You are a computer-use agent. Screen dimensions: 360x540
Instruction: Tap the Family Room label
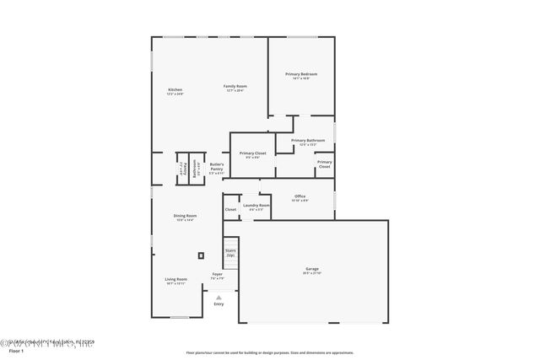tap(235, 89)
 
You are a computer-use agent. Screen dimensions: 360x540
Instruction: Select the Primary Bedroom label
tap(301, 76)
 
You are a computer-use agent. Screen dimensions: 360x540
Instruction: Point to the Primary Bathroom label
tap(308, 142)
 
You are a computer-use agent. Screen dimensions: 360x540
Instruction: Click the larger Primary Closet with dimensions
tap(252, 154)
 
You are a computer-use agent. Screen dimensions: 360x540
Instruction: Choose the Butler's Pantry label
tap(217, 167)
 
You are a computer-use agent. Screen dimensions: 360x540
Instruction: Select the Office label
tap(300, 197)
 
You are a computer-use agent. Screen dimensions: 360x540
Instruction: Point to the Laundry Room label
tap(256, 207)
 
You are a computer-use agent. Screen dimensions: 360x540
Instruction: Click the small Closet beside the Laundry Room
tap(230, 209)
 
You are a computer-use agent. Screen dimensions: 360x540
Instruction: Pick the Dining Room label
tap(185, 218)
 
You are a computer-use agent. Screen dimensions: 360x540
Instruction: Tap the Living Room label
tap(175, 280)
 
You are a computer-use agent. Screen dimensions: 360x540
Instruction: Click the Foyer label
tap(217, 276)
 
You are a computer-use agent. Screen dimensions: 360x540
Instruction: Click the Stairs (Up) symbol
tap(229, 253)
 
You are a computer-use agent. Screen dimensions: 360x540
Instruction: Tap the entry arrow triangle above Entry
tap(219, 297)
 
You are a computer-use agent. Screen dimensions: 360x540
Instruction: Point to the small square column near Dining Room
tap(200, 255)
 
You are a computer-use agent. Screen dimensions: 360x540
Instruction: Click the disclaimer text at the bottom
tap(269, 352)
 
